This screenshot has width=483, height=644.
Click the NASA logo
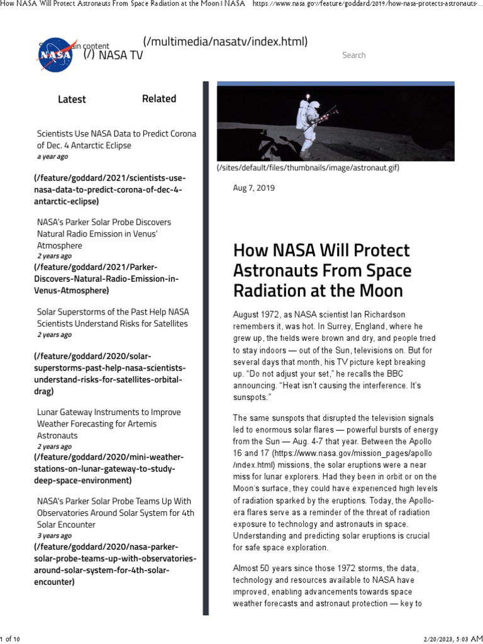(54, 54)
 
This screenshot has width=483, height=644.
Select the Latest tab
(72, 99)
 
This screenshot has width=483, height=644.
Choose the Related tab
(159, 99)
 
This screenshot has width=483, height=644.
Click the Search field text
(353, 55)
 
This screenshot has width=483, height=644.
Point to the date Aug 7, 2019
(254, 188)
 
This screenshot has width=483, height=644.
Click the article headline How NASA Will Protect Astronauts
(321, 270)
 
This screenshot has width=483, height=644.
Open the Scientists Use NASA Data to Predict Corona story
(116, 140)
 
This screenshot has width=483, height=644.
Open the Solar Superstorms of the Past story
(113, 318)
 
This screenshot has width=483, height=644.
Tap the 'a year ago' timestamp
(52, 157)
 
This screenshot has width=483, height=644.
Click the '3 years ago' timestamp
(54, 536)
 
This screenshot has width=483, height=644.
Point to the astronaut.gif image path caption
(308, 168)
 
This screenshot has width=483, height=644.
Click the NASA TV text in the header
(121, 55)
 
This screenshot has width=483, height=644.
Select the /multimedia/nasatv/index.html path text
(225, 42)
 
